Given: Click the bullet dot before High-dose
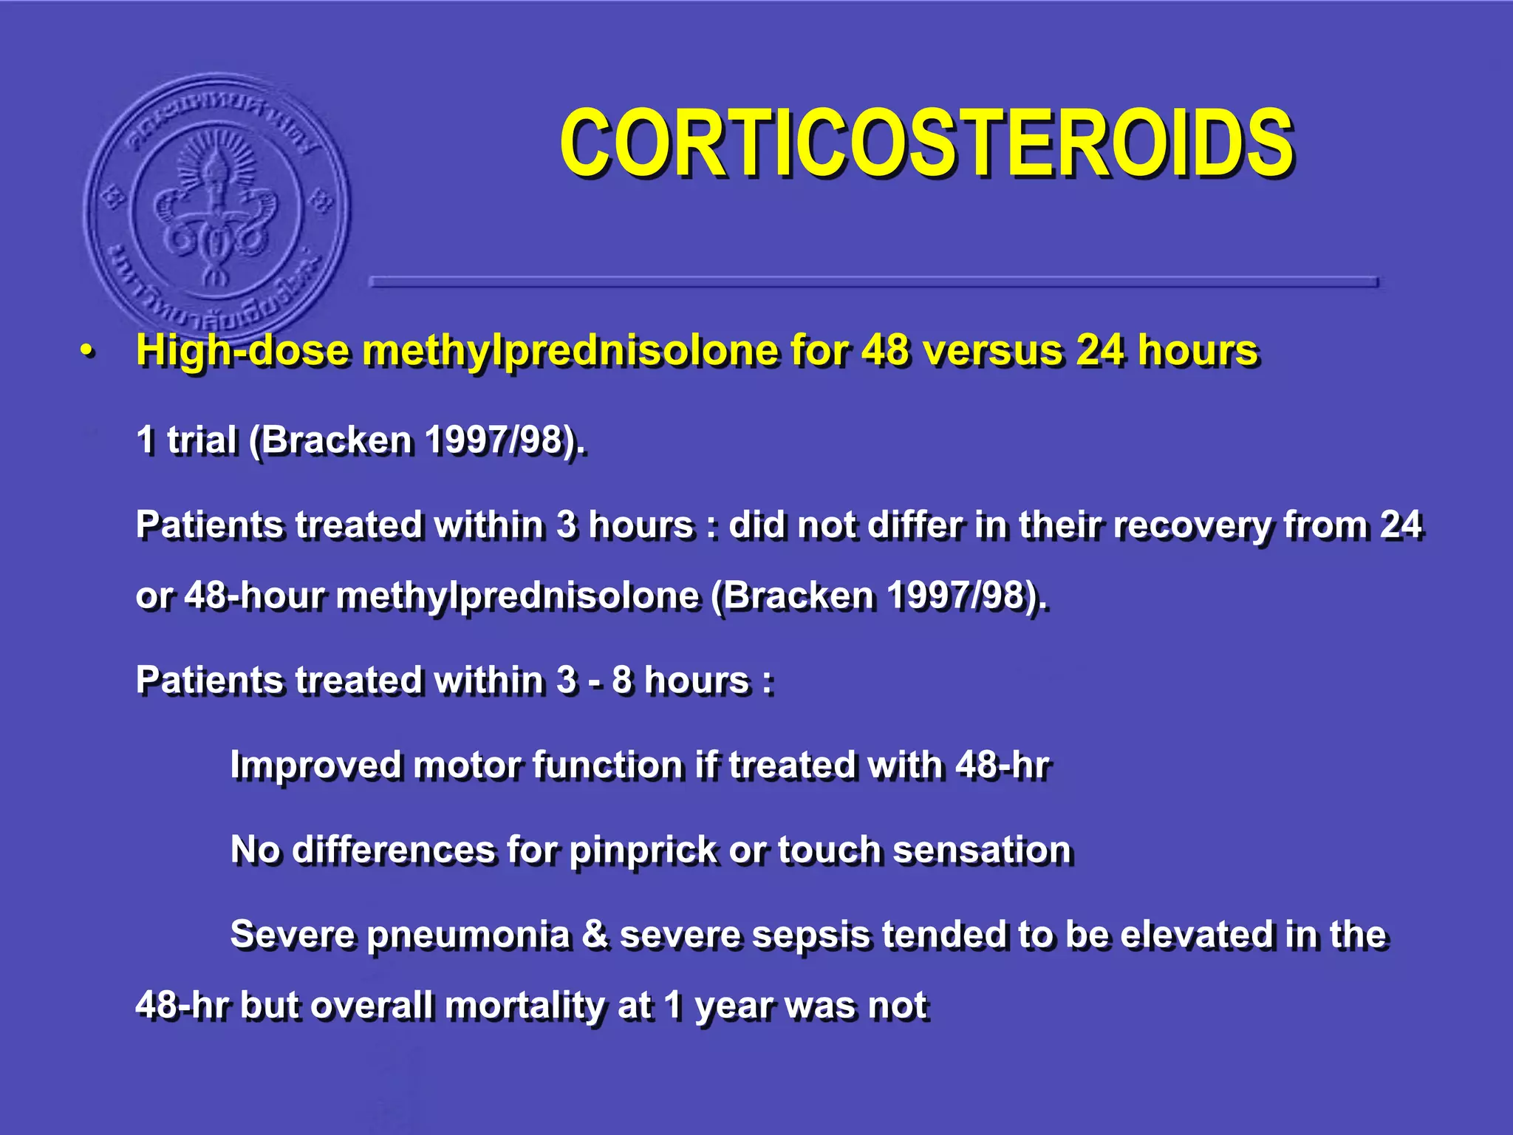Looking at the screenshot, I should (x=88, y=352).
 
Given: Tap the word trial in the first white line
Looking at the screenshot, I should (x=202, y=440).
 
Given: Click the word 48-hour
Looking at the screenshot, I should (x=253, y=596).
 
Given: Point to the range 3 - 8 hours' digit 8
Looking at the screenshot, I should (x=622, y=681).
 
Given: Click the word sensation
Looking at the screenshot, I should (x=982, y=851).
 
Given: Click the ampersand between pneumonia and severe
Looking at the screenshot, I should (x=595, y=935).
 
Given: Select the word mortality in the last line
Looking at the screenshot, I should (x=525, y=1006).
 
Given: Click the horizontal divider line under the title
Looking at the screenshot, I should (x=873, y=282).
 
